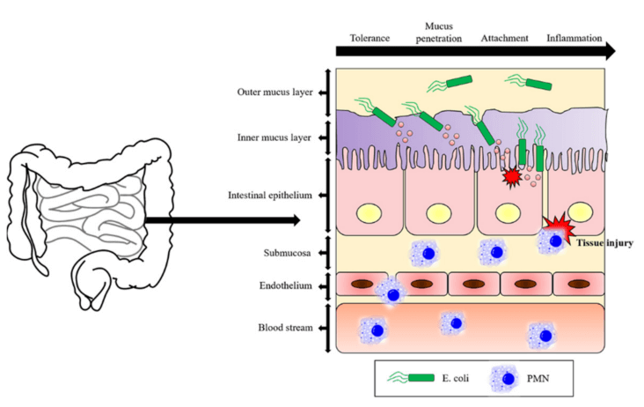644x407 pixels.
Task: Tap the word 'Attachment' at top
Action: [x=504, y=39]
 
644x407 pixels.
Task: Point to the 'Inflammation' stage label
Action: [x=574, y=39]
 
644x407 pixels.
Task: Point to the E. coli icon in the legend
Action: [x=413, y=378]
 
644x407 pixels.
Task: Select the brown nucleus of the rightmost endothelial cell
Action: [x=577, y=284]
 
